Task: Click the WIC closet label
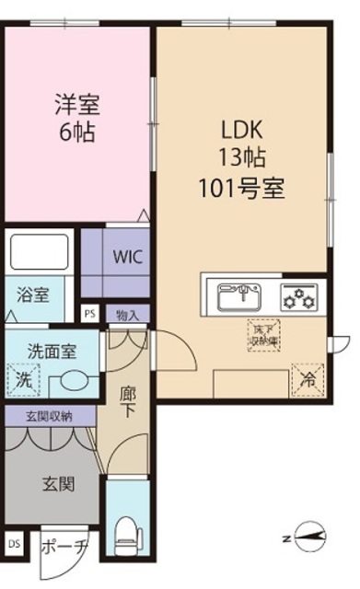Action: pos(127,258)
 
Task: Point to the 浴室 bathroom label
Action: pos(34,295)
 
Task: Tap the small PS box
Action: pos(89,313)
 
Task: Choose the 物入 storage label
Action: pos(128,314)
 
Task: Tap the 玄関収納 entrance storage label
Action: pos(49,415)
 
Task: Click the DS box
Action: pos(13,544)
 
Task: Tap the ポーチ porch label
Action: pos(64,545)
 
